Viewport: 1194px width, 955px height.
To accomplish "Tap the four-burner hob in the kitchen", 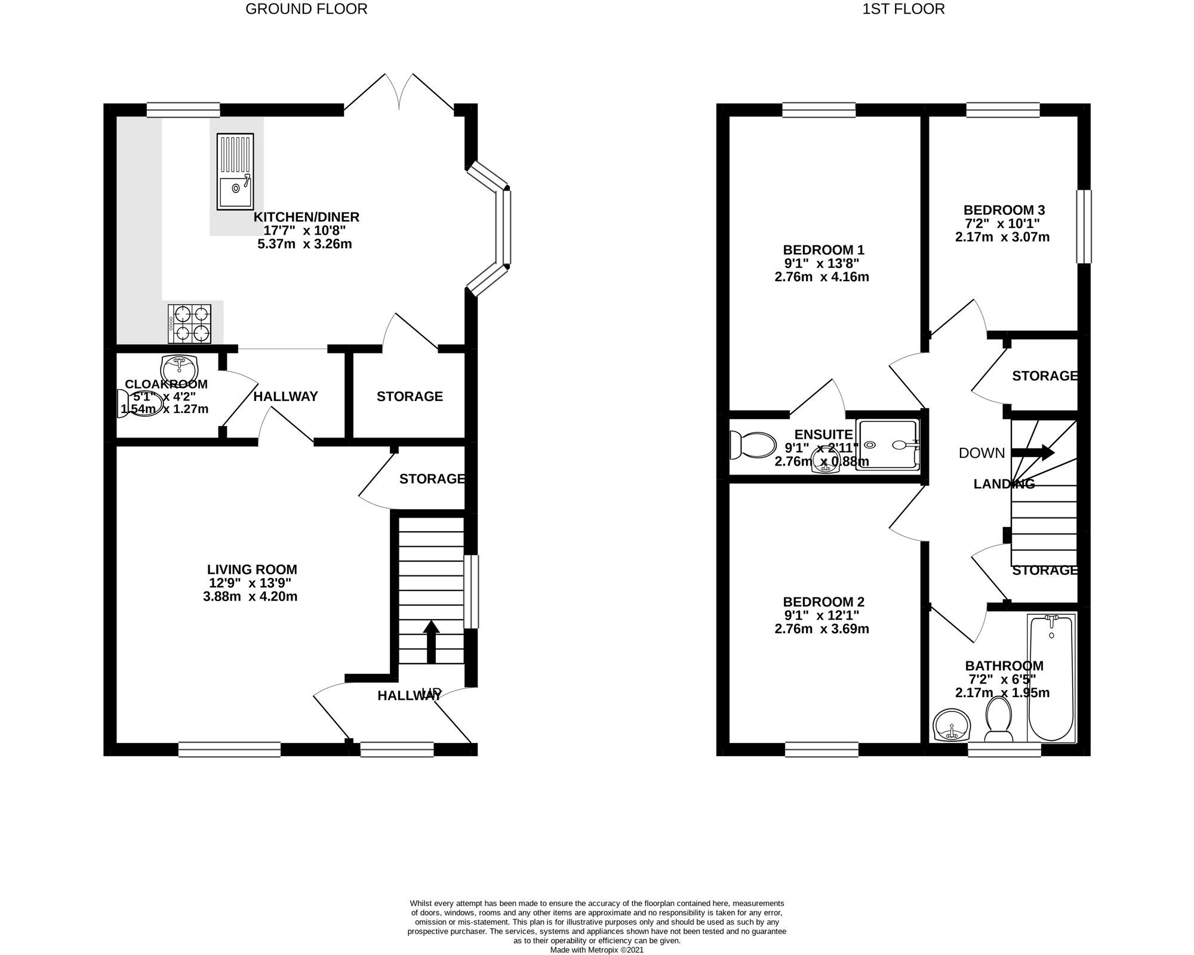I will click(190, 324).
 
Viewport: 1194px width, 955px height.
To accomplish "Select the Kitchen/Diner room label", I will click(306, 217).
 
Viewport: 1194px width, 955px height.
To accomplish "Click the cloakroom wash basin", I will click(179, 363).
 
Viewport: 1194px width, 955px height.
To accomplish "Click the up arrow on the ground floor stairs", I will click(431, 642).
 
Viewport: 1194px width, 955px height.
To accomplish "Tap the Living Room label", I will click(251, 569).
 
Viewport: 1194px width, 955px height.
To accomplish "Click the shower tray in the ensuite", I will click(888, 445).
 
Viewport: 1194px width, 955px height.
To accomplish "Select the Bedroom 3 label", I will click(1004, 210).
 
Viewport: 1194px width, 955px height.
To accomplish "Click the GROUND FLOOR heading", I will click(306, 9).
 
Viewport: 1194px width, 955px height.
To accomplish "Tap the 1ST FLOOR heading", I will click(903, 9).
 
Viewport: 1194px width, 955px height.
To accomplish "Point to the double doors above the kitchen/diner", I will click(399, 93).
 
